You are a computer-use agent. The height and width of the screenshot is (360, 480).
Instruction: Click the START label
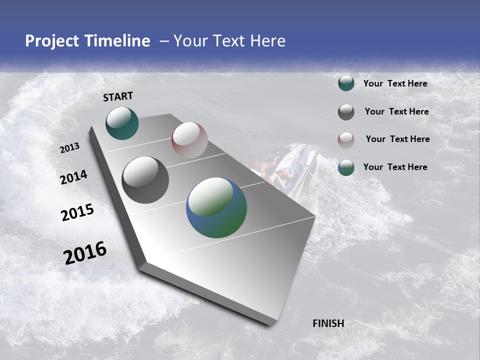pos(118,96)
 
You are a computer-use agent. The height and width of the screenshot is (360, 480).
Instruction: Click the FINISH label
pos(328,323)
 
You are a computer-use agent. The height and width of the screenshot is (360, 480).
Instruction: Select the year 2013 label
pos(70,148)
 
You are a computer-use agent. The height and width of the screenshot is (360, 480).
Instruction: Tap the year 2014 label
pos(74,177)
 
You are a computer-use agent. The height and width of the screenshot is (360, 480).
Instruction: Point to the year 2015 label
pos(77,212)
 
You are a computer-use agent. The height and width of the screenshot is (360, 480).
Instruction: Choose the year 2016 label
pos(85,253)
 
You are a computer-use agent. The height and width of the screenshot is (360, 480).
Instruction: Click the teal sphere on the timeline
pos(122,123)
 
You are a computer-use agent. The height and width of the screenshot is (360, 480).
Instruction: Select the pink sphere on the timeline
pos(189,140)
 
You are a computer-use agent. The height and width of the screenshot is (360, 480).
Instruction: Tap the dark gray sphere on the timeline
pos(145,180)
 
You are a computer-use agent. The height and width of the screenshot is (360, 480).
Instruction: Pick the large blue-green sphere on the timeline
pos(216,207)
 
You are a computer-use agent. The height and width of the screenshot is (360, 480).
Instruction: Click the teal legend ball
pos(346,83)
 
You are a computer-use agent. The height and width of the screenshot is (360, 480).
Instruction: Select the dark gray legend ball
pos(346,112)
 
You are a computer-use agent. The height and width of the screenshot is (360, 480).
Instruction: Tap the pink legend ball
pos(346,139)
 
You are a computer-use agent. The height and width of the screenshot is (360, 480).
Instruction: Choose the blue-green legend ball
pos(346,167)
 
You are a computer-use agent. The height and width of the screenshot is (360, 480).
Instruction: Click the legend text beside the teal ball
pos(395,83)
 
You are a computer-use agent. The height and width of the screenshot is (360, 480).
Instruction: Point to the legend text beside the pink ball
pos(397,139)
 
